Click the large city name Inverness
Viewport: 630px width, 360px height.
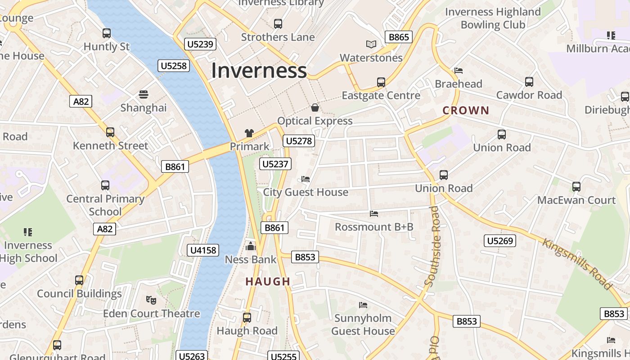(x=259, y=71)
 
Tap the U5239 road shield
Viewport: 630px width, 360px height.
(x=200, y=44)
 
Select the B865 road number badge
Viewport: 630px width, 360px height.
(x=399, y=37)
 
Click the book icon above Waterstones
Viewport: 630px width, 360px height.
(x=371, y=44)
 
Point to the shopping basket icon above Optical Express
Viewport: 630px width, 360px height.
(x=315, y=108)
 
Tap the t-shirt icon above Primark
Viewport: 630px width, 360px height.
(x=249, y=133)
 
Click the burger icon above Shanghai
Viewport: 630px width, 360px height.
(x=144, y=94)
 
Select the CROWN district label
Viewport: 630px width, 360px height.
(x=466, y=110)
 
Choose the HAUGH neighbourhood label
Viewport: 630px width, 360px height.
(x=268, y=282)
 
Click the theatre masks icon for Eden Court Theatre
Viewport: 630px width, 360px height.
(x=151, y=300)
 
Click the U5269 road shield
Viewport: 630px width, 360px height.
(x=500, y=241)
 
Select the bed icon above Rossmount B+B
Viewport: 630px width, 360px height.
(x=374, y=213)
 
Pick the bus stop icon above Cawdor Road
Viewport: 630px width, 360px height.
(x=529, y=82)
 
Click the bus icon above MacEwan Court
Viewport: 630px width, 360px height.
(x=576, y=187)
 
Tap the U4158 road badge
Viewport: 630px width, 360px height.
(x=203, y=250)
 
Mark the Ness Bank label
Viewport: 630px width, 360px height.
(x=251, y=260)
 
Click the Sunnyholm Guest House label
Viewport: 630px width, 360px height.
(x=363, y=324)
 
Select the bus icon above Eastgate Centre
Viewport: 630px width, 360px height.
(x=381, y=82)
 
